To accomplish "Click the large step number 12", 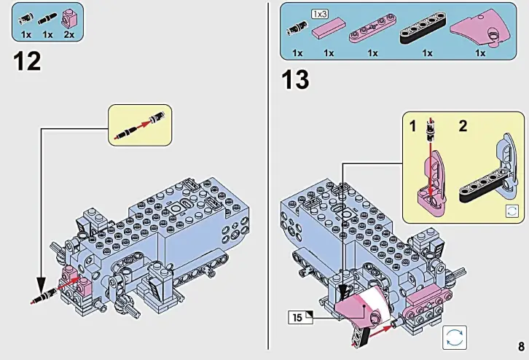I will (x=27, y=61).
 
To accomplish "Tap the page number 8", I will (x=520, y=345).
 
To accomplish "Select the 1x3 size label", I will (x=320, y=14).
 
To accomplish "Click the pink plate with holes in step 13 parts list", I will (x=372, y=33).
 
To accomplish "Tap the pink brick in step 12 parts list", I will (x=71, y=16).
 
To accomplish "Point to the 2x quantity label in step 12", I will (x=71, y=34).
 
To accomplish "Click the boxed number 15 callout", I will (x=299, y=316).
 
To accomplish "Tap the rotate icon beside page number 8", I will (x=454, y=337).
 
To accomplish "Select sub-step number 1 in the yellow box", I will (x=413, y=126).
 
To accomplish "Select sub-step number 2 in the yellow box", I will (x=462, y=126).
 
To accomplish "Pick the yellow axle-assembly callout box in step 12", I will (x=139, y=125).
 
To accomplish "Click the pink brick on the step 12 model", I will (x=71, y=275).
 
